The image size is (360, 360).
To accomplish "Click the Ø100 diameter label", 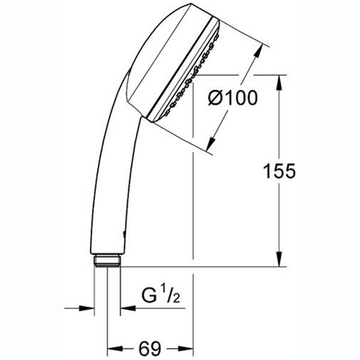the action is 233,98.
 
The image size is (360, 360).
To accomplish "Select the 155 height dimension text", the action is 279,171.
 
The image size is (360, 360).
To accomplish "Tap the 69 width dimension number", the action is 150,349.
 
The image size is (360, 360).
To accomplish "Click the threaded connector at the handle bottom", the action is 107,260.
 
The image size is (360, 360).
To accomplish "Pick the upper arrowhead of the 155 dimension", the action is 279,83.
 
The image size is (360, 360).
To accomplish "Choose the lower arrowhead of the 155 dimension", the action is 279,259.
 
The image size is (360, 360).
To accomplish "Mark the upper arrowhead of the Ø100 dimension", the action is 258,52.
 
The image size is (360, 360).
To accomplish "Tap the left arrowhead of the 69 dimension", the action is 115,349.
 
